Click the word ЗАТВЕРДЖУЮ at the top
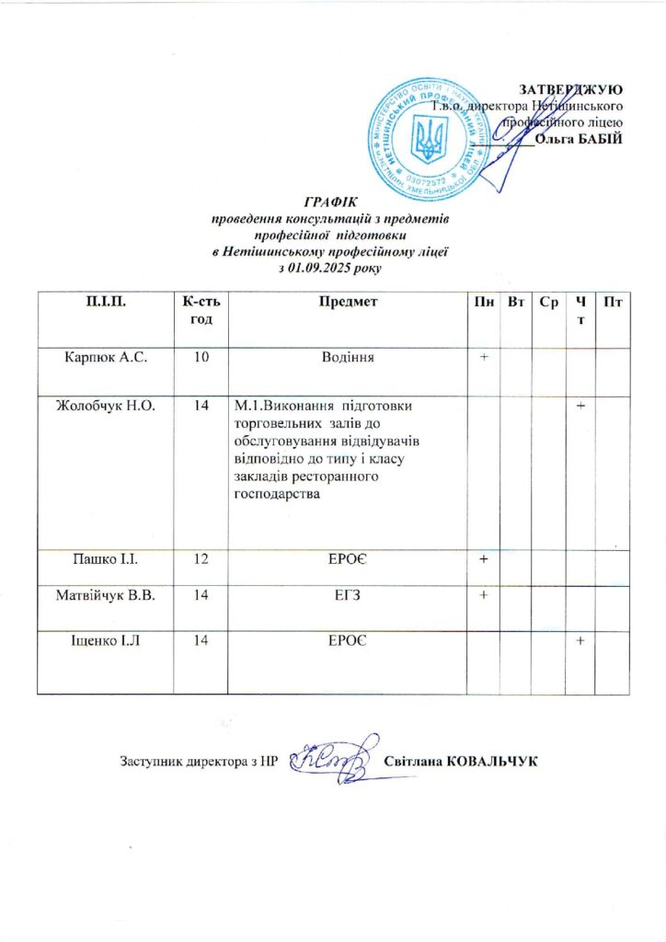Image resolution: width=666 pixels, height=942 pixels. click(x=571, y=89)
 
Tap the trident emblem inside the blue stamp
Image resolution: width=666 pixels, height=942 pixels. click(x=428, y=136)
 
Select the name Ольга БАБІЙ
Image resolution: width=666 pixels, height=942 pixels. click(x=579, y=139)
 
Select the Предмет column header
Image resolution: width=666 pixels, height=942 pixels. click(x=347, y=302)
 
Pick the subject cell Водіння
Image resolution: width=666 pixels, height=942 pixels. click(x=346, y=357)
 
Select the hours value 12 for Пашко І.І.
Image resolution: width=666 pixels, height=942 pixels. click(x=201, y=559)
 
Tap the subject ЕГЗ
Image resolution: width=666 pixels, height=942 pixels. click(x=347, y=596)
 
